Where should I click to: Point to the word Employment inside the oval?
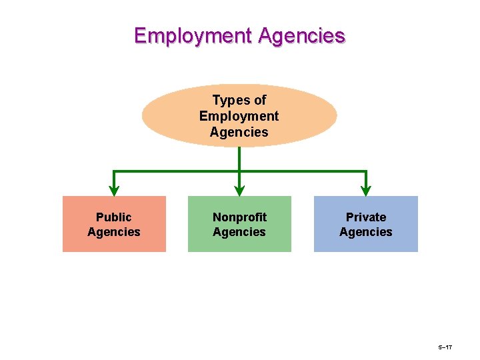pos(239,116)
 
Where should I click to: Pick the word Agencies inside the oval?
pos(239,132)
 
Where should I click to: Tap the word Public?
pos(114,217)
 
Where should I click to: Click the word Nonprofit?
pos(239,217)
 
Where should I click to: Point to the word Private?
pos(365,217)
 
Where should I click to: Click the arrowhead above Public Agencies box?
pos(114,191)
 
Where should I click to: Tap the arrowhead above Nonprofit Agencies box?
pos(239,191)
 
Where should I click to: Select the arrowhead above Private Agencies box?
pos(366,191)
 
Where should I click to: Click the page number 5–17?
pos(445,348)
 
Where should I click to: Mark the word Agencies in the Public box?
pos(114,232)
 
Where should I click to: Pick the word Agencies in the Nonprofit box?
pos(239,232)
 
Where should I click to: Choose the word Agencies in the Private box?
pos(365,232)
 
